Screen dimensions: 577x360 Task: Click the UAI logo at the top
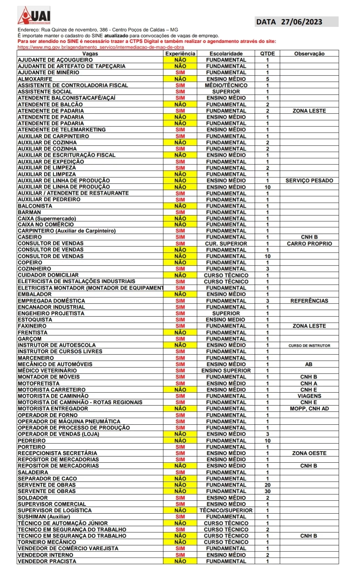click(34, 16)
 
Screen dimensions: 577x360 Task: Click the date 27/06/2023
click(302, 22)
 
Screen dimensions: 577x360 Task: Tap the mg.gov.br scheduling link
click(101, 47)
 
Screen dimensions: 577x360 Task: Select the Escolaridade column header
click(226, 54)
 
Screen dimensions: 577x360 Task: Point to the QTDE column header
click(267, 54)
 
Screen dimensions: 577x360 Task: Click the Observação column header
click(309, 54)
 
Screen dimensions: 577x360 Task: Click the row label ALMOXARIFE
click(35, 79)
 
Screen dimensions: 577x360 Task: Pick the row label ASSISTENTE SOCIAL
click(45, 92)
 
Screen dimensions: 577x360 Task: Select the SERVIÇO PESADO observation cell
click(309, 180)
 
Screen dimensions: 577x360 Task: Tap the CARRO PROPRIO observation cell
click(309, 244)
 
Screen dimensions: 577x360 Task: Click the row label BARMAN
click(30, 212)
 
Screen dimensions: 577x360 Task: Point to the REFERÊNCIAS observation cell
click(309, 301)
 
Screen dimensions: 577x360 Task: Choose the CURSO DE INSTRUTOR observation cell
click(309, 346)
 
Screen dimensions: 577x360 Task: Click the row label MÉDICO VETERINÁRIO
click(47, 370)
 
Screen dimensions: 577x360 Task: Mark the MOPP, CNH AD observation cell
click(309, 408)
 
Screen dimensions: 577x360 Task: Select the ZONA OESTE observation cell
click(309, 453)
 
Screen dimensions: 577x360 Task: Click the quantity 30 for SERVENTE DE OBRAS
click(267, 491)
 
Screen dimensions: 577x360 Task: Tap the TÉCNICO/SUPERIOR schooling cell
click(226, 510)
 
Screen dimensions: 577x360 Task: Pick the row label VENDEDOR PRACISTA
click(47, 561)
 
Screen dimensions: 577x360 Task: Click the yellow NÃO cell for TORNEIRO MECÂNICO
click(180, 542)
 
